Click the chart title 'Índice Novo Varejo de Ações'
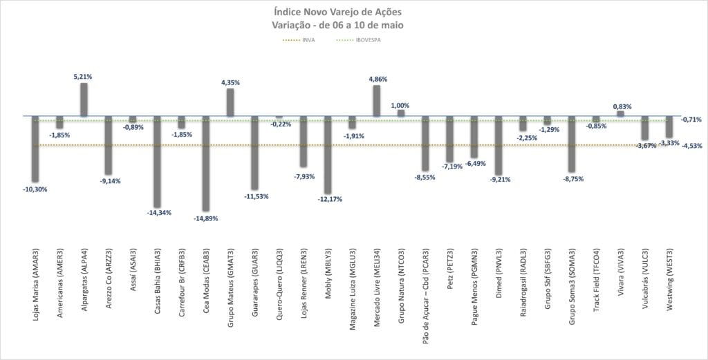tap(343, 12)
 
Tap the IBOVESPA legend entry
tap(367, 40)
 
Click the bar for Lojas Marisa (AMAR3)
tap(35, 148)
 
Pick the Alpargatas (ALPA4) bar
tap(84, 100)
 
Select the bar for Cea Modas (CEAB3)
tap(205, 163)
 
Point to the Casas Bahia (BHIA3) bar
tap(157, 162)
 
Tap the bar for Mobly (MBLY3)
tap(328, 155)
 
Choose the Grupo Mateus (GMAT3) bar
tap(230, 102)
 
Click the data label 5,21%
tap(83, 77)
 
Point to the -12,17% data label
tap(328, 200)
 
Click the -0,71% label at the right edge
tap(691, 120)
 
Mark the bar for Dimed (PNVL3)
tap(499, 145)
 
